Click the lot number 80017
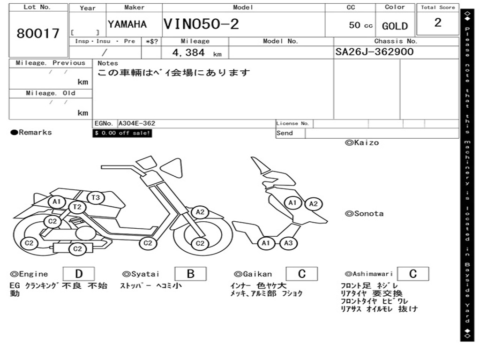click(x=38, y=34)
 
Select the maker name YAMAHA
click(x=127, y=24)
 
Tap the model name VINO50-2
click(x=201, y=24)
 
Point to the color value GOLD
click(x=395, y=26)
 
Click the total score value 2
click(x=437, y=23)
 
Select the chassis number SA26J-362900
click(x=375, y=52)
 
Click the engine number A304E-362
click(x=136, y=124)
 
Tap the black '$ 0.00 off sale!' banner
click(x=122, y=133)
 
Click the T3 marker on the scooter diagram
click(x=96, y=198)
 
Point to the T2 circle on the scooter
click(x=77, y=207)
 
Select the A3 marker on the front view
click(x=288, y=243)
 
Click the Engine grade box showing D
click(x=78, y=274)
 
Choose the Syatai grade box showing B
click(x=190, y=274)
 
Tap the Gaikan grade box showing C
click(x=301, y=274)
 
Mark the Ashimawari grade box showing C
click(x=412, y=274)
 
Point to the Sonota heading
click(x=364, y=214)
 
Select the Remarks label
click(x=31, y=133)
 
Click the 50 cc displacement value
click(x=360, y=25)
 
